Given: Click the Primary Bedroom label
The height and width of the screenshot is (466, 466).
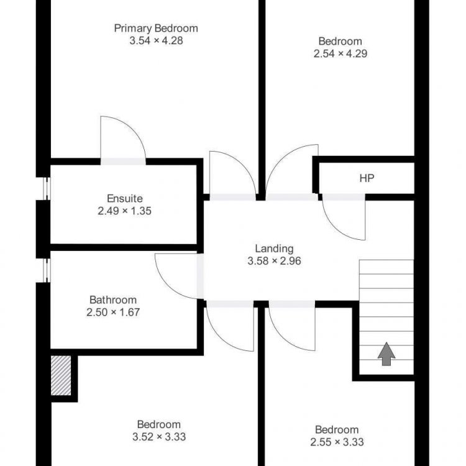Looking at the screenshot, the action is click(156, 29).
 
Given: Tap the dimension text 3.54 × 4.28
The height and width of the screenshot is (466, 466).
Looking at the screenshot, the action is click(156, 41).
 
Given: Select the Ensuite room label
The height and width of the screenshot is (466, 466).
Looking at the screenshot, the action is click(125, 199).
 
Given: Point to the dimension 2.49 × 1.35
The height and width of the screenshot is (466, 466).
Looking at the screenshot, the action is click(124, 211).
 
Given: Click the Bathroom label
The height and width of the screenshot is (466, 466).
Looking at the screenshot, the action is click(113, 300).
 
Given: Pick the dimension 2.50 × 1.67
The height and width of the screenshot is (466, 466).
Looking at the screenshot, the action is click(113, 313).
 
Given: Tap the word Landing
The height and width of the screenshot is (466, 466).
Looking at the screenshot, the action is click(274, 249).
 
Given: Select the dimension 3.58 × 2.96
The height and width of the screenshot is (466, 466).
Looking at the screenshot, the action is click(274, 261).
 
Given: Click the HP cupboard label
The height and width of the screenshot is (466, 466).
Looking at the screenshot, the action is click(367, 178).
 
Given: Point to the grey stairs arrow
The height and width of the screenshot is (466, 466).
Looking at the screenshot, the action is click(386, 354).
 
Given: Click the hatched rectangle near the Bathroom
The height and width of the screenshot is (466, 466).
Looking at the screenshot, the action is click(61, 376).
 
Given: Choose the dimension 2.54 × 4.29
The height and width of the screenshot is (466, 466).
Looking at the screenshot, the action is click(340, 54).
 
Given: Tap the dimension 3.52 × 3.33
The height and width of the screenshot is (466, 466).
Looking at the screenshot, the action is click(159, 437).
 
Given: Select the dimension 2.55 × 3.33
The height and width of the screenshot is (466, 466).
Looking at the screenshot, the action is click(337, 442).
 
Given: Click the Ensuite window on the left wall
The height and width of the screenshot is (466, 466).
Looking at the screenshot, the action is click(47, 189).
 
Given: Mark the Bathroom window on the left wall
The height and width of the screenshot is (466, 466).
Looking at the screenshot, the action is click(47, 270).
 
